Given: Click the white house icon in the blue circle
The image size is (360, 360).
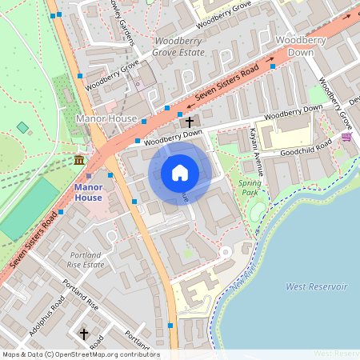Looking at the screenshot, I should tap(180, 173).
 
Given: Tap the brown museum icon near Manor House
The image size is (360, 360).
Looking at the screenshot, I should tap(79, 162).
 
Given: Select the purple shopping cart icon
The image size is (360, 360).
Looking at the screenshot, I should tap(346, 138).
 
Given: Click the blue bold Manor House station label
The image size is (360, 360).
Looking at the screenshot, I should tap(88, 192).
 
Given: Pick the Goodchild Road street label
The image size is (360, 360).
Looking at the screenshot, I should tap(306, 146).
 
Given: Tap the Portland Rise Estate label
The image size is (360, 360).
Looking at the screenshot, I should tap(86, 258).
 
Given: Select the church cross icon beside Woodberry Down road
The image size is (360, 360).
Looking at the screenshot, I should tap(190, 122).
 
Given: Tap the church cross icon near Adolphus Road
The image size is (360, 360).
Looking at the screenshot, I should tap(83, 333).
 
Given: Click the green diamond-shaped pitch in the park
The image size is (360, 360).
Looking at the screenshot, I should tap(22, 127).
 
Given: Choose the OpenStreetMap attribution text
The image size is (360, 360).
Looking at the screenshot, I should tap(80, 354).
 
